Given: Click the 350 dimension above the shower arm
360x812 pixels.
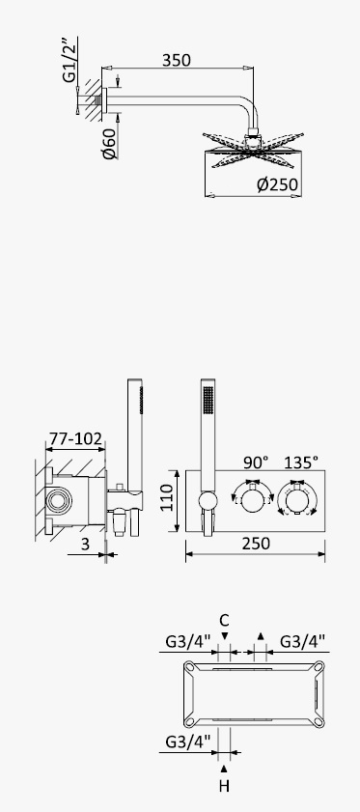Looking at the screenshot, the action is (176, 60).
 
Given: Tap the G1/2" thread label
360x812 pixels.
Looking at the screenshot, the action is (69, 60).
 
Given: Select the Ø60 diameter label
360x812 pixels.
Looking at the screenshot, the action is (109, 144).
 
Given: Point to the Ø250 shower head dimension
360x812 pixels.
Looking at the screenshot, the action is (278, 184).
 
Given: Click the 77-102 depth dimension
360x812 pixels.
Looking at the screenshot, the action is (74, 438).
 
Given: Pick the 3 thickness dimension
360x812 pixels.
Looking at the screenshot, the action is (86, 544).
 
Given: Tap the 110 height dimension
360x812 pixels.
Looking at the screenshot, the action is (167, 497).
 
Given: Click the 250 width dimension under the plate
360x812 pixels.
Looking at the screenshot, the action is (256, 544).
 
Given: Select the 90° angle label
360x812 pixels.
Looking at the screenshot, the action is (256, 462).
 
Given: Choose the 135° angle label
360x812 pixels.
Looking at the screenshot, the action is (300, 462).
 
